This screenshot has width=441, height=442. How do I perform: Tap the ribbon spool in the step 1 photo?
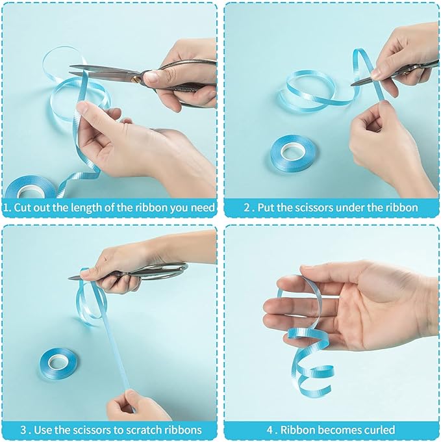click(31, 187)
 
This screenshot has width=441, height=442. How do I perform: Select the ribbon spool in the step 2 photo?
click(293, 153)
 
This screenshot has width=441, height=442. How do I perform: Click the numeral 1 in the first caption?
click(6, 208)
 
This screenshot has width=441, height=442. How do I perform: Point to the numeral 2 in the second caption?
click(247, 208)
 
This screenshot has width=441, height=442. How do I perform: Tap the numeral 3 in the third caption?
click(24, 430)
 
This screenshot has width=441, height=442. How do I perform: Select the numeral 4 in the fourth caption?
click(270, 430)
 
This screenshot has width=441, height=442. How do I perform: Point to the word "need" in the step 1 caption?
click(203, 208)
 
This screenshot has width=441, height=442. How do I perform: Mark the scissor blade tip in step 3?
click(69, 278)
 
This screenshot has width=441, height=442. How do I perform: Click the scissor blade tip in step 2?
click(352, 84)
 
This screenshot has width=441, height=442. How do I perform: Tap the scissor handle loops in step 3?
click(166, 270)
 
